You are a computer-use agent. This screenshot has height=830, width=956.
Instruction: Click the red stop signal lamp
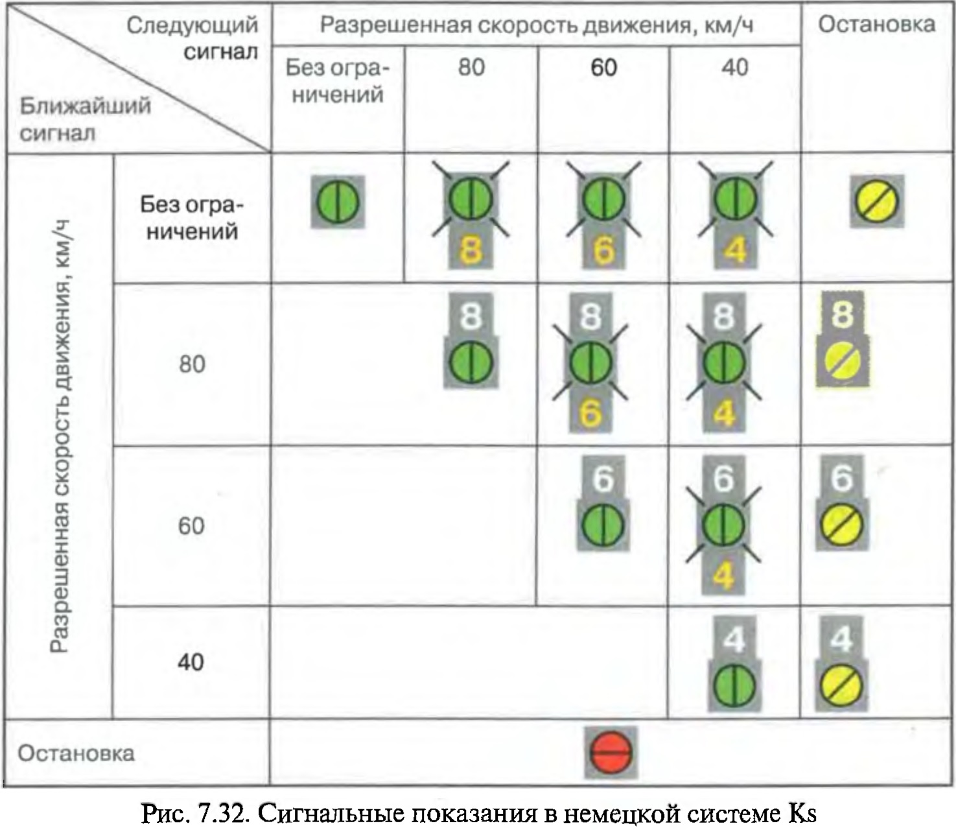(x=611, y=753)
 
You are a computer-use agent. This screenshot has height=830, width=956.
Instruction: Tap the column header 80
(x=471, y=67)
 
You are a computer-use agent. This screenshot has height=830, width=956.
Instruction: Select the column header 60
(x=603, y=67)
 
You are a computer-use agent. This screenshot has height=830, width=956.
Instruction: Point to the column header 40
(x=734, y=67)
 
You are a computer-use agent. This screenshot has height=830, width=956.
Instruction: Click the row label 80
(x=192, y=364)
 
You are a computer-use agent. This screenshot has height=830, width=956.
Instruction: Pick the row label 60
(x=191, y=525)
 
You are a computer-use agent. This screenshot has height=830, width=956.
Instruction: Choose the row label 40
(x=191, y=662)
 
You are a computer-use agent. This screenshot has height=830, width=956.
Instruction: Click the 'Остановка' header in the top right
(x=876, y=25)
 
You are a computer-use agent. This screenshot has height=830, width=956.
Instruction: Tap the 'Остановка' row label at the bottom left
(x=76, y=753)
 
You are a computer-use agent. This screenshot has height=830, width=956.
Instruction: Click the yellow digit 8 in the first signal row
(x=471, y=250)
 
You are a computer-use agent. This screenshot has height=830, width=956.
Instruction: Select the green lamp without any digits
(x=338, y=202)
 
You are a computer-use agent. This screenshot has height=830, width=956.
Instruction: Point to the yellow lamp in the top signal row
(x=877, y=202)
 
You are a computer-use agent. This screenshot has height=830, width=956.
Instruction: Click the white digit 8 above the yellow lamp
(x=842, y=314)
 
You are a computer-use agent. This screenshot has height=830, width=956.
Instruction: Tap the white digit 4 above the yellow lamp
(x=841, y=641)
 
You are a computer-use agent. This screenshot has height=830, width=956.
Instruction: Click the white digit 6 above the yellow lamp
(x=841, y=478)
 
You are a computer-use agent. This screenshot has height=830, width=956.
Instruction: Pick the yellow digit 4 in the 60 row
(x=723, y=575)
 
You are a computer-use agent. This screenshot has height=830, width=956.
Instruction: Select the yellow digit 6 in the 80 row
(x=590, y=412)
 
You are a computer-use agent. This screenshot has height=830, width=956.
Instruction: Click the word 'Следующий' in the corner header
(x=192, y=26)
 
